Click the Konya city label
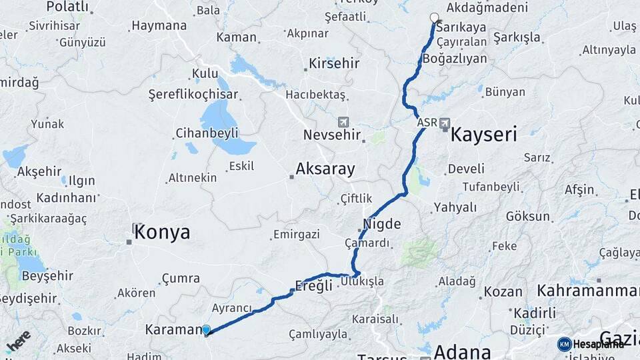tap(162, 233)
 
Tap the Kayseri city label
tap(484, 135)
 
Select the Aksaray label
tap(325, 169)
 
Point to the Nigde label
tap(382, 224)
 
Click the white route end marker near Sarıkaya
tap(435, 18)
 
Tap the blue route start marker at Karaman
tap(206, 329)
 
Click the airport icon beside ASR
tap(445, 123)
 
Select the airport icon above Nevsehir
tap(343, 122)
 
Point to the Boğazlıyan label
tap(454, 59)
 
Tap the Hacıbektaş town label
tap(315, 95)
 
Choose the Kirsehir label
tap(333, 64)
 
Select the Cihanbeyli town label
tap(207, 133)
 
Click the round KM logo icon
tap(564, 344)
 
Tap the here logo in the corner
tap(19, 341)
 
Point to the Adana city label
tap(463, 351)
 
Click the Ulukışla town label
tap(362, 281)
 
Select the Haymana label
tap(159, 26)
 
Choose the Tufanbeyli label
tap(491, 187)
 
